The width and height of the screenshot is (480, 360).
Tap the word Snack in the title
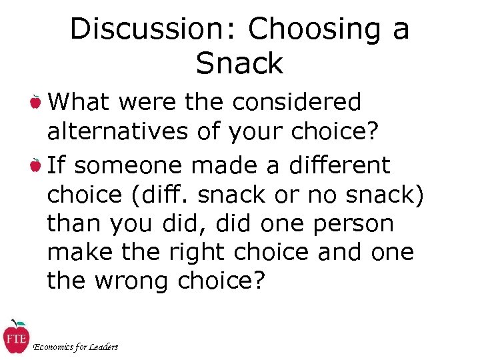click(240, 64)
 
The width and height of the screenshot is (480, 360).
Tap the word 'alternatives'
click(117, 132)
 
